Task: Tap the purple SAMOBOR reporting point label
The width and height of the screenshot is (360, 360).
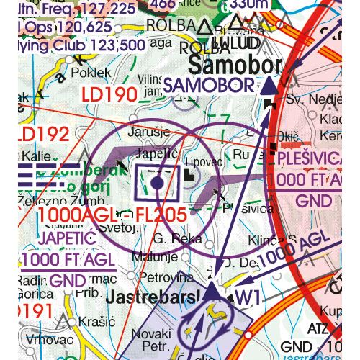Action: (x=208, y=86)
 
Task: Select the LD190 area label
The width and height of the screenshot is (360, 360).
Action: (x=109, y=94)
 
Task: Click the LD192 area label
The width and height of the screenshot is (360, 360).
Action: (x=42, y=135)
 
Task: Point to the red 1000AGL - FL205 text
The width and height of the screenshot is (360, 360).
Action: (x=112, y=214)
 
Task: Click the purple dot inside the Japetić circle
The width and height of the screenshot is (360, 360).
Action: (x=158, y=184)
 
